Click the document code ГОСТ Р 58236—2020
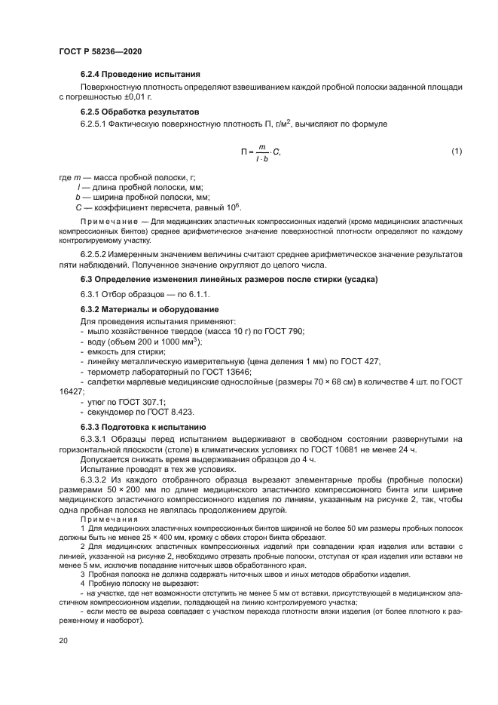click(99, 50)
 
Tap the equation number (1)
click(456, 151)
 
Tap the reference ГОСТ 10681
click(346, 449)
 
